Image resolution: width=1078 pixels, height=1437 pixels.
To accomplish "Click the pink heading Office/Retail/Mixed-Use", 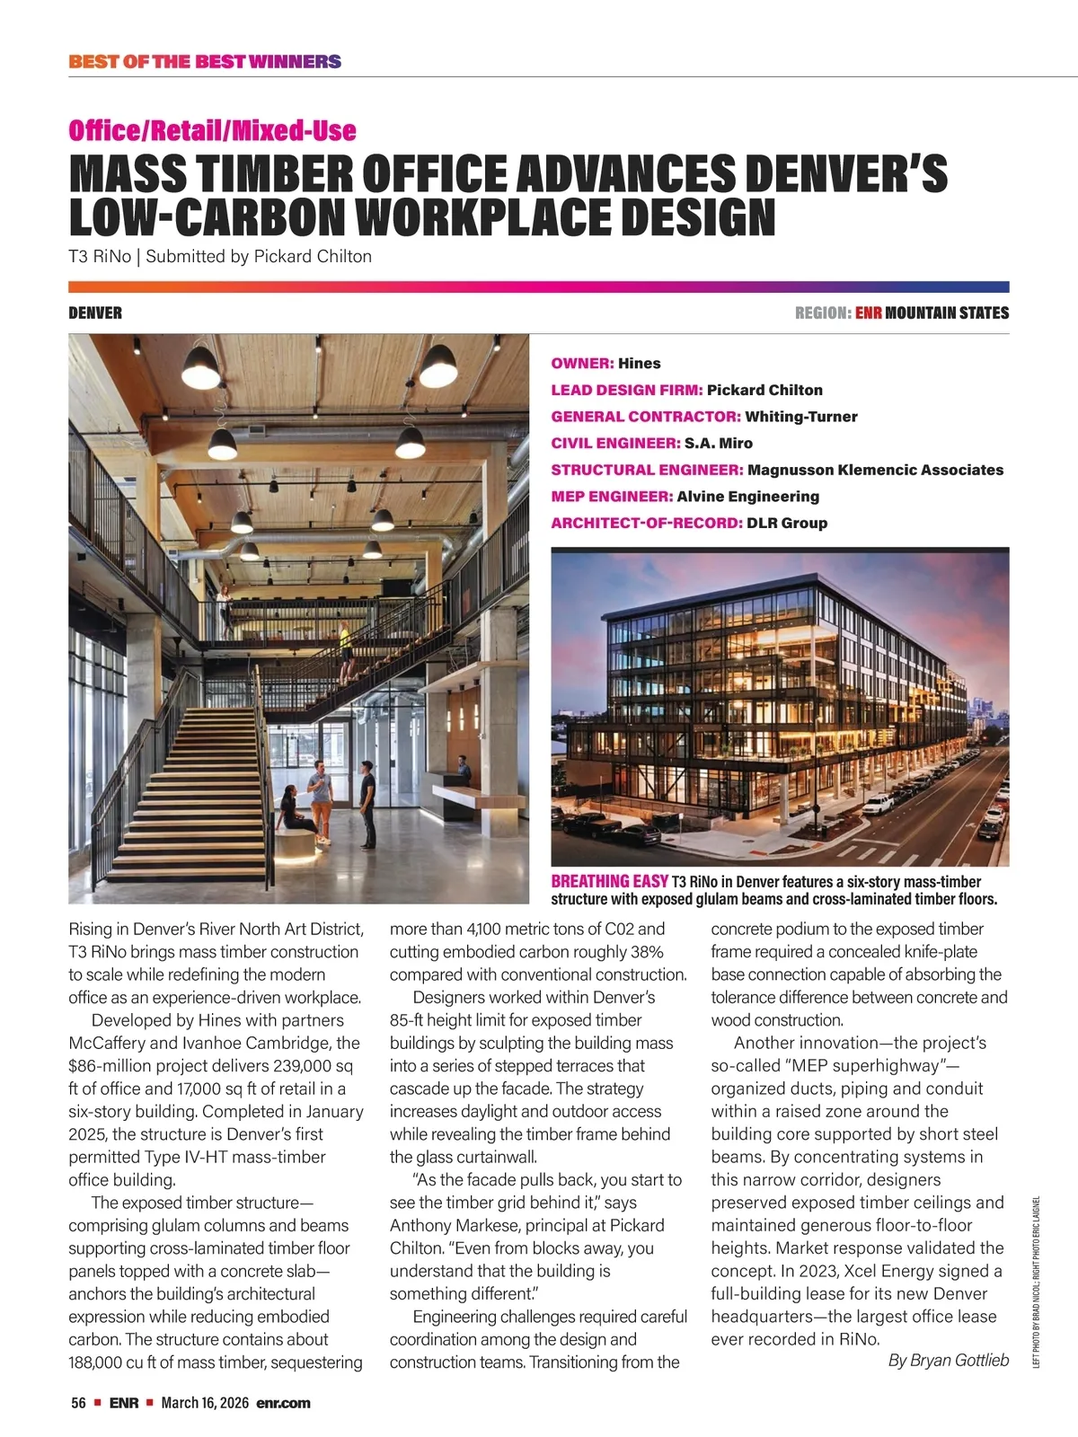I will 212,131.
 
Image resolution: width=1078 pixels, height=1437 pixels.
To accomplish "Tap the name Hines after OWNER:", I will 639,364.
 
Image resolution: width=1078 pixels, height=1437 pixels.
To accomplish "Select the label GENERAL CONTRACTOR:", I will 645,417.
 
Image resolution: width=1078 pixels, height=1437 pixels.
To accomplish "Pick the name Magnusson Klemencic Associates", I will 875,470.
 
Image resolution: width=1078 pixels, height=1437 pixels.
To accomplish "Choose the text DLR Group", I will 787,523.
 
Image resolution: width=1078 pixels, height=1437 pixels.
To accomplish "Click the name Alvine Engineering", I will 747,497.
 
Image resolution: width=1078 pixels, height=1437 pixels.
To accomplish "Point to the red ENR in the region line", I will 868,313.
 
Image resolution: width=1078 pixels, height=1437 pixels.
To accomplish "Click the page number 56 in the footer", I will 78,1403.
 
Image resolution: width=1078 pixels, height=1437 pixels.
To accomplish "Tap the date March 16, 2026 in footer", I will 204,1403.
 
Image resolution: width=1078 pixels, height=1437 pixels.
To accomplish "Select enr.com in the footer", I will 283,1403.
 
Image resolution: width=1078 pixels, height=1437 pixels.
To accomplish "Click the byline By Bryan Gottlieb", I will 948,1361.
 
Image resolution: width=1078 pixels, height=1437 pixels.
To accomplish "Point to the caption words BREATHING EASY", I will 609,882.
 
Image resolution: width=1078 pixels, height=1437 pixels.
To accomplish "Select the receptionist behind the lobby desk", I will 463,768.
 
